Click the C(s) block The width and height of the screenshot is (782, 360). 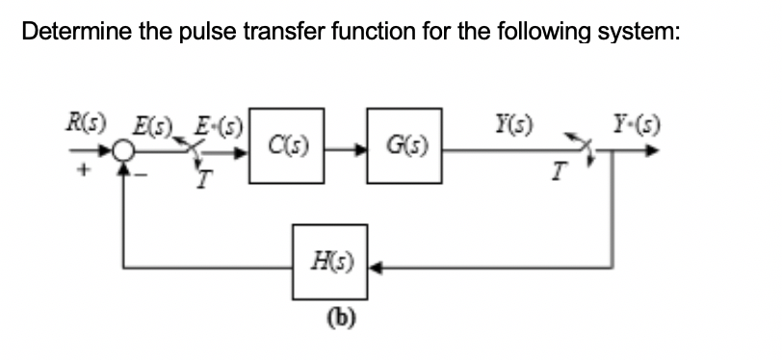[x=286, y=146]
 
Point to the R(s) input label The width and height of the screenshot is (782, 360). [x=83, y=123]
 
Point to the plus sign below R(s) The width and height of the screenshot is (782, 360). [x=84, y=167]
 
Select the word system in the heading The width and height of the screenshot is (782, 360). [x=638, y=33]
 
